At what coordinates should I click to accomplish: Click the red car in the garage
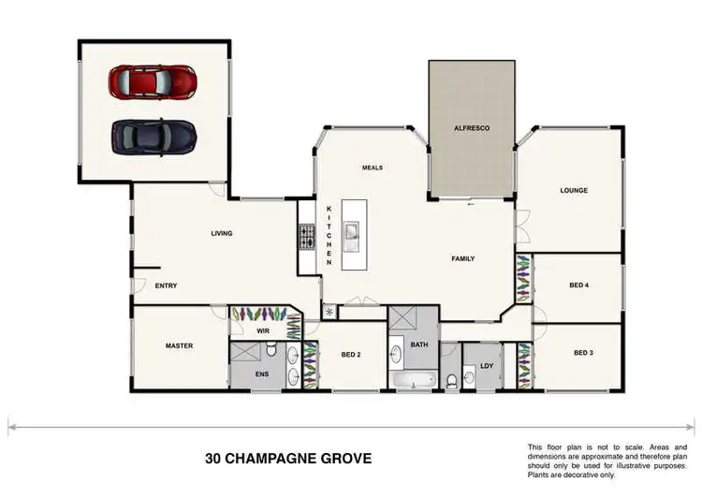[x=152, y=81]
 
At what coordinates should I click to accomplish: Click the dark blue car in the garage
[x=154, y=136]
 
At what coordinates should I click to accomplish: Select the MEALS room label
[x=373, y=168]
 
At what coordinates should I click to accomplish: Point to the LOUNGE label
[x=574, y=190]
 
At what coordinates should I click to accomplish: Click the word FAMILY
[x=463, y=258]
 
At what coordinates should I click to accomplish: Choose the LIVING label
[x=222, y=233]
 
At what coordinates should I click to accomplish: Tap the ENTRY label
[x=167, y=285]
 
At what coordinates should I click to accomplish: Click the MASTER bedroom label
[x=179, y=345]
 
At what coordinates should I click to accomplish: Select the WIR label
[x=263, y=330]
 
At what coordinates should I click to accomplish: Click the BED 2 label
[x=351, y=355]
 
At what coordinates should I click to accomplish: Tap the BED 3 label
[x=583, y=353]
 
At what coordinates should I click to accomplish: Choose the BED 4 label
[x=578, y=285]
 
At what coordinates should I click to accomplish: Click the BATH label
[x=418, y=345]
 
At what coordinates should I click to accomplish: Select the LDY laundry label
[x=486, y=366]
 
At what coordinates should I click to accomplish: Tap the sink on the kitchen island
[x=353, y=233]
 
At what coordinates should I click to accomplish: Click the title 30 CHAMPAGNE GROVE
[x=288, y=459]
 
